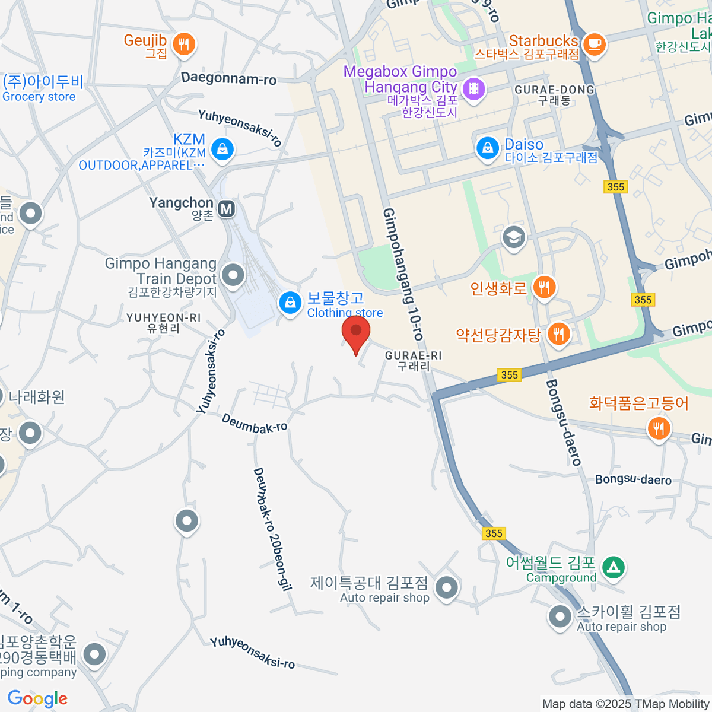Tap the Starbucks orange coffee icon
point(594,44)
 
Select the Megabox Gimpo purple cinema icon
point(473,90)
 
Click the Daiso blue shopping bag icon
point(488,148)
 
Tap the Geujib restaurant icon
point(184,44)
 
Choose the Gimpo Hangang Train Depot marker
point(233,275)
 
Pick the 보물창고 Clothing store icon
point(290,303)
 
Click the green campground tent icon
point(614,567)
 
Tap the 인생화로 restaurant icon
point(544,288)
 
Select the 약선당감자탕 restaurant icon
point(558,334)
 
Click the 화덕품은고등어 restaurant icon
point(659,427)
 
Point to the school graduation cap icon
point(514,238)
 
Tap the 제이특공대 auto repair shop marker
point(446,588)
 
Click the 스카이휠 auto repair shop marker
point(560,616)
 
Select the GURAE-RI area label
point(414,361)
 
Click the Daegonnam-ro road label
point(228,78)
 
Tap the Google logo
point(37,699)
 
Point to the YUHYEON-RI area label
point(163,323)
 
